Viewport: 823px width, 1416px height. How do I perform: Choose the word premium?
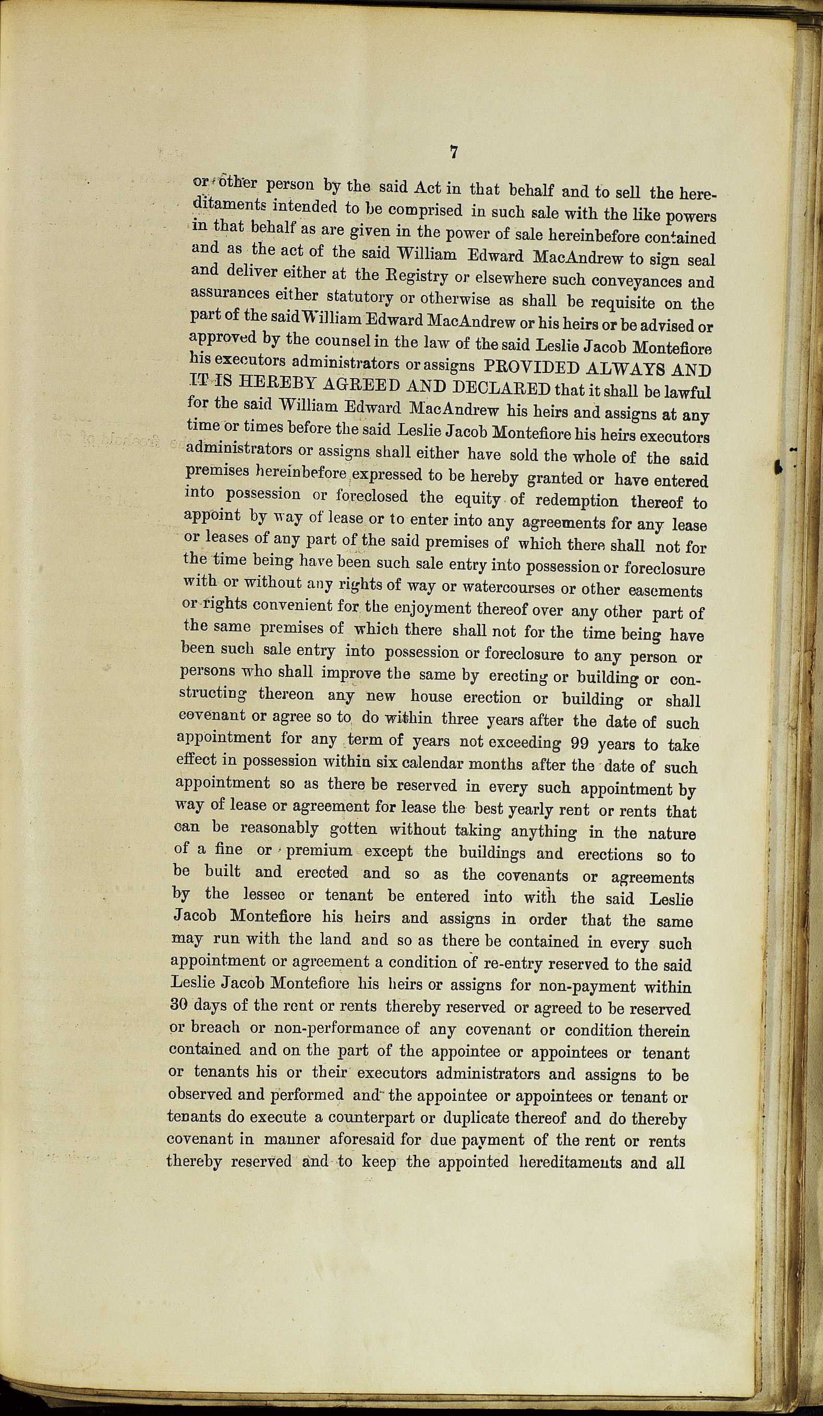point(319,850)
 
